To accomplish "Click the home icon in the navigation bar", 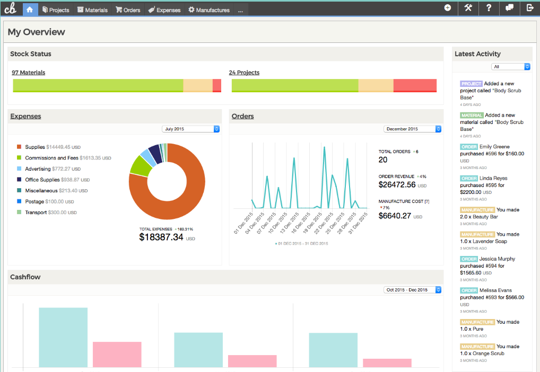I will tap(30, 9).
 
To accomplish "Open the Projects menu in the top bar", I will tap(56, 10).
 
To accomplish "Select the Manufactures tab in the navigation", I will tap(209, 10).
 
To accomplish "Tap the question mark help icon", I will tap(489, 8).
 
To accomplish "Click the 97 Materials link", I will tap(29, 73).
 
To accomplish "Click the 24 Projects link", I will tap(244, 73).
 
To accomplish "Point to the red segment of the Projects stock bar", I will tap(415, 85).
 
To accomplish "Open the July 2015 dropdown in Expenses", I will tap(191, 129).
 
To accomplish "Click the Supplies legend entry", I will tap(35, 147).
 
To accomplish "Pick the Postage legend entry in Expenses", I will tap(36, 201).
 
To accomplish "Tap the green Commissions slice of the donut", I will tap(140, 166).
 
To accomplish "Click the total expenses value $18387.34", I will tap(161, 237).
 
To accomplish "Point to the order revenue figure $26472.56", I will tap(397, 185).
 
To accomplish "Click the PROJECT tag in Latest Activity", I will tap(471, 84).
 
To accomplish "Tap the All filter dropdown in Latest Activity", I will tap(511, 67).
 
